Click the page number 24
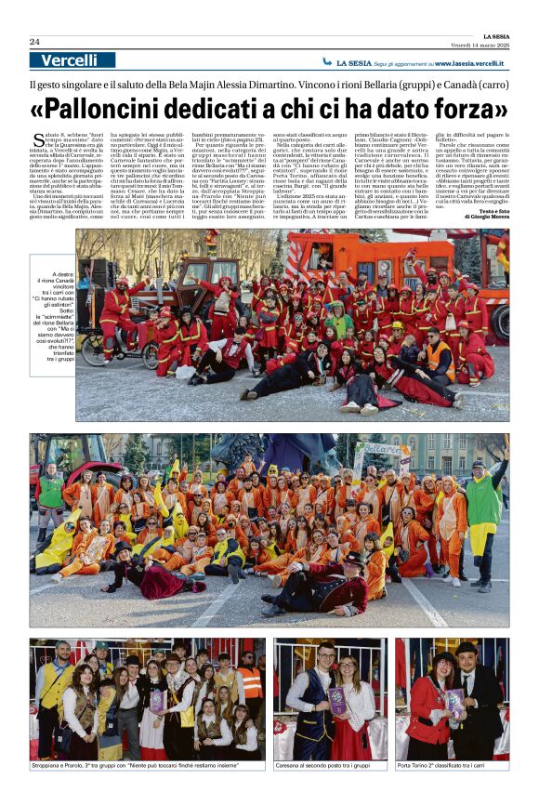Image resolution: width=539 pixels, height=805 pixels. click(34, 42)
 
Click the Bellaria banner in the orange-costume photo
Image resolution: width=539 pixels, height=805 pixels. click(378, 454)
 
